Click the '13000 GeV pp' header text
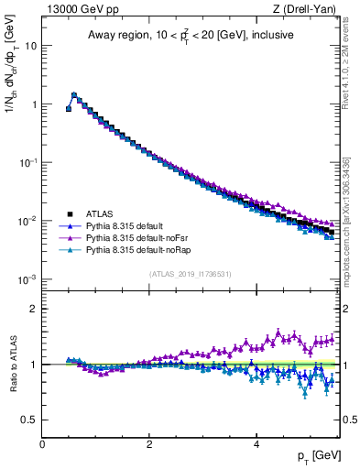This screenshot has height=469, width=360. [80, 9]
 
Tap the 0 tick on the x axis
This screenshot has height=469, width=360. [42, 444]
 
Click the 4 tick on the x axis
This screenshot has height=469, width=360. [256, 444]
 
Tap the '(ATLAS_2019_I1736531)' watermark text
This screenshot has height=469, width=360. [190, 274]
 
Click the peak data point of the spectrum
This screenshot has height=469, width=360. [74, 94]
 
